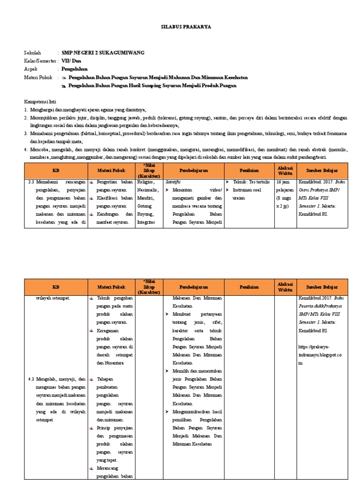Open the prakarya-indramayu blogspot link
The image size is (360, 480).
point(320,359)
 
